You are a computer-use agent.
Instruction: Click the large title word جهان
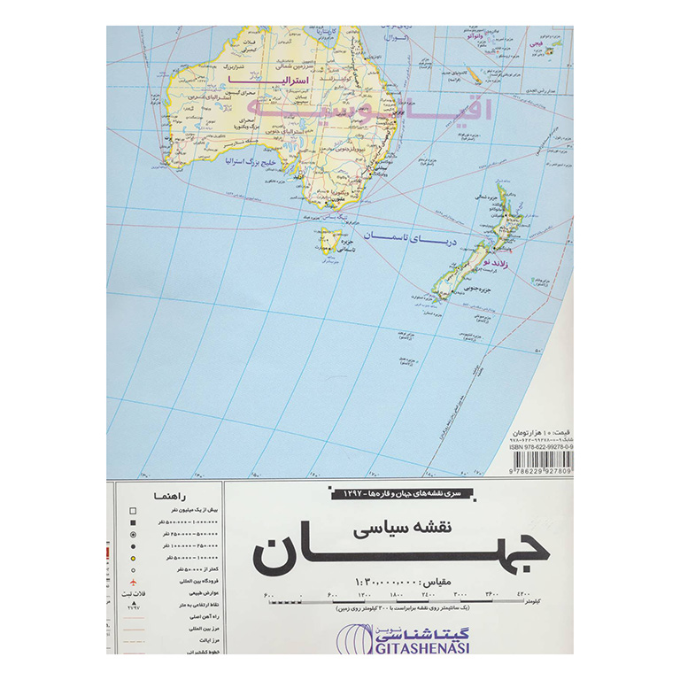(402, 553)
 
